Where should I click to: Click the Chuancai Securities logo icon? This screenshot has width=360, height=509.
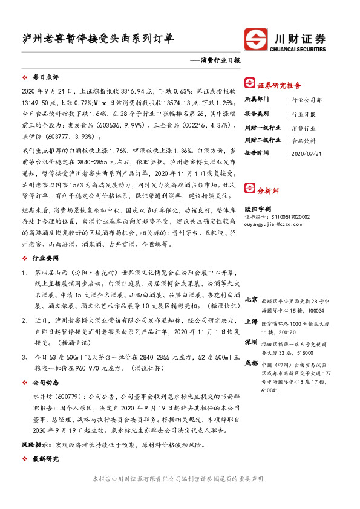pos(255,40)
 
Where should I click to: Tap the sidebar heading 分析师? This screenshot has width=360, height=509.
pos(268,207)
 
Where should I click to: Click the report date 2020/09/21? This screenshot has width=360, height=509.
pos(306,153)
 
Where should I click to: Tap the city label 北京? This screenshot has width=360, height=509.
pos(251,300)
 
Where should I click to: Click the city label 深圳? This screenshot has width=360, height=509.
pos(251,342)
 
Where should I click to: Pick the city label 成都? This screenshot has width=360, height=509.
pos(251,363)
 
